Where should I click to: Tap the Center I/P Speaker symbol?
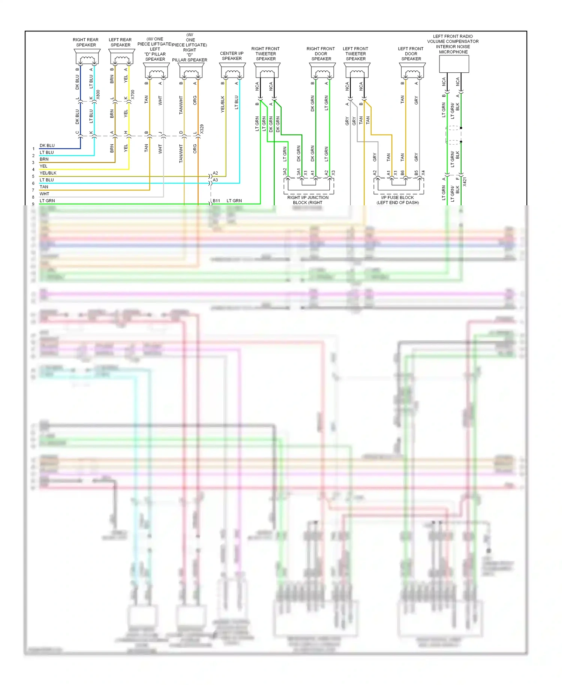[232, 71]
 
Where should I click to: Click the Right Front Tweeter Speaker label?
[266, 54]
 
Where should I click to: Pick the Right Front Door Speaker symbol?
[322, 71]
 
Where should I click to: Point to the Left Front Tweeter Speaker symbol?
[357, 71]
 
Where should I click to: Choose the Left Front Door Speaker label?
[411, 54]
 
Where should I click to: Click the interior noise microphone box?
[454, 64]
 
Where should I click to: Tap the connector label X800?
[98, 94]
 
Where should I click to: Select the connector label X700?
[133, 94]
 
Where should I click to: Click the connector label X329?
[202, 129]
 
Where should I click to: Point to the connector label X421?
[465, 182]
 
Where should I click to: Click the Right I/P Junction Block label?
[308, 200]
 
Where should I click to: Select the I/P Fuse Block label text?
[398, 200]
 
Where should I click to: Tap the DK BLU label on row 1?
[47, 145]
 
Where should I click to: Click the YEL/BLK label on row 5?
[48, 173]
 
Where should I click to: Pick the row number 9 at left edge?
[33, 204]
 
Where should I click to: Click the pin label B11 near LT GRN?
[217, 201]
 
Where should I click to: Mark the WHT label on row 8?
[44, 194]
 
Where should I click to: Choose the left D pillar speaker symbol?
[157, 71]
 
